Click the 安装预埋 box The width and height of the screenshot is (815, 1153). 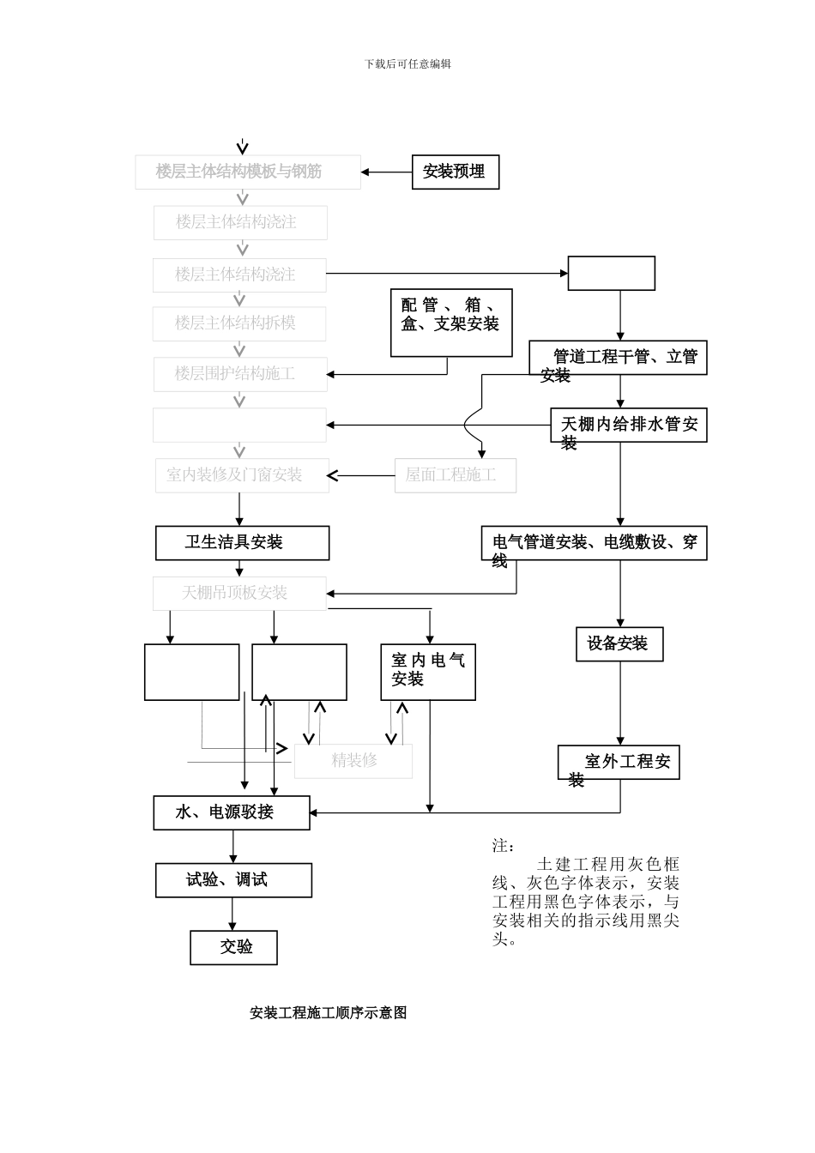455,172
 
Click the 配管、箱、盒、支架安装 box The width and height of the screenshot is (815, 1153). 451,323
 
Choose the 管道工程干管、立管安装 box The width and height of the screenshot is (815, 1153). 618,358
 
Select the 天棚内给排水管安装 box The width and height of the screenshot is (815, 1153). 628,425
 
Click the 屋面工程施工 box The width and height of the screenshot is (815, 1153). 456,475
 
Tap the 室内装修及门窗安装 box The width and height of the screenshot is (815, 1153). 241,475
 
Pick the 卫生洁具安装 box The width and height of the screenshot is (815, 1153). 242,543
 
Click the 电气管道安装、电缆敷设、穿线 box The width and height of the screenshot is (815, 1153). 594,543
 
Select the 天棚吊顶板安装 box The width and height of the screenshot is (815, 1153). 240,594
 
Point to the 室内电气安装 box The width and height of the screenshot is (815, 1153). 428,672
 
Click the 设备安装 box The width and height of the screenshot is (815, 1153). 619,644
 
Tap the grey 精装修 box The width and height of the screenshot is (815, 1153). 353,761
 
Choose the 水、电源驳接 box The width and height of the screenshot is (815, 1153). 232,812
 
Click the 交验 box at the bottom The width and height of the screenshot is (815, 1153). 233,947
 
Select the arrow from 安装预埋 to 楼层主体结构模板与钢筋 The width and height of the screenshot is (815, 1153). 386,172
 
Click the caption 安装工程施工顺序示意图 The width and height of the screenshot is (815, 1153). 328,1013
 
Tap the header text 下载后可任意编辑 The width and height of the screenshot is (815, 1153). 407,63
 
